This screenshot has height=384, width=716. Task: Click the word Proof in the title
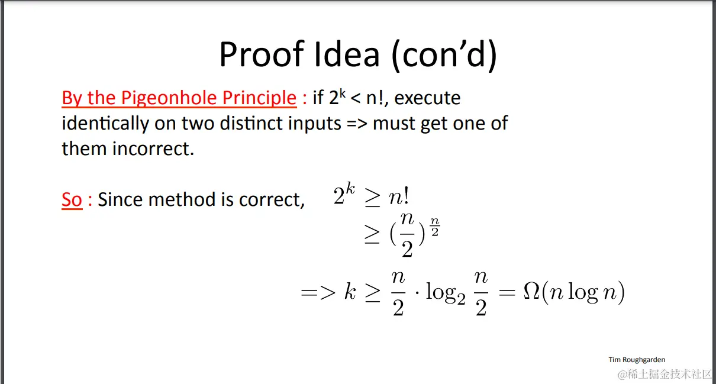[x=262, y=54]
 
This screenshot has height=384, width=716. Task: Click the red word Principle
[x=260, y=98]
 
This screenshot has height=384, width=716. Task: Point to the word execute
[x=427, y=98]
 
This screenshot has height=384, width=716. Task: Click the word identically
[x=105, y=124]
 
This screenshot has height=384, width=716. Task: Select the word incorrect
[x=153, y=149]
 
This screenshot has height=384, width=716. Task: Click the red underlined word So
[x=72, y=199]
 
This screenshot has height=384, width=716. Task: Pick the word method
[x=182, y=199]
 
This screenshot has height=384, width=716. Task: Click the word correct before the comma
[x=270, y=200]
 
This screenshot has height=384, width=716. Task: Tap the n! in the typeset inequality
[x=399, y=196]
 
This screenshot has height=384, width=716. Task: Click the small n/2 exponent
[x=435, y=227]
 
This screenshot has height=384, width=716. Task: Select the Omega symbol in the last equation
[x=532, y=291]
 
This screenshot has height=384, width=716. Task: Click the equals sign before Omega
[x=507, y=292]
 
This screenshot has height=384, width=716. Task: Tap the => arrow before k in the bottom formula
[x=318, y=292]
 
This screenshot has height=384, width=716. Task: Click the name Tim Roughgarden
[x=637, y=360]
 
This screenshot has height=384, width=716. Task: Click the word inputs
[x=315, y=124]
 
